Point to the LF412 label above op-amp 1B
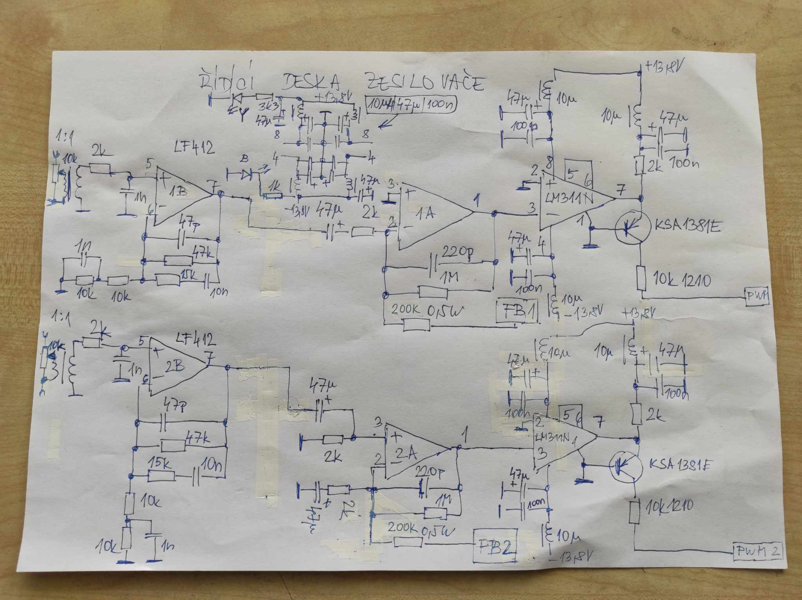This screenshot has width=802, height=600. pyautogui.click(x=194, y=148)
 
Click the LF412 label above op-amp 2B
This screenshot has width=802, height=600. pyautogui.click(x=196, y=340)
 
